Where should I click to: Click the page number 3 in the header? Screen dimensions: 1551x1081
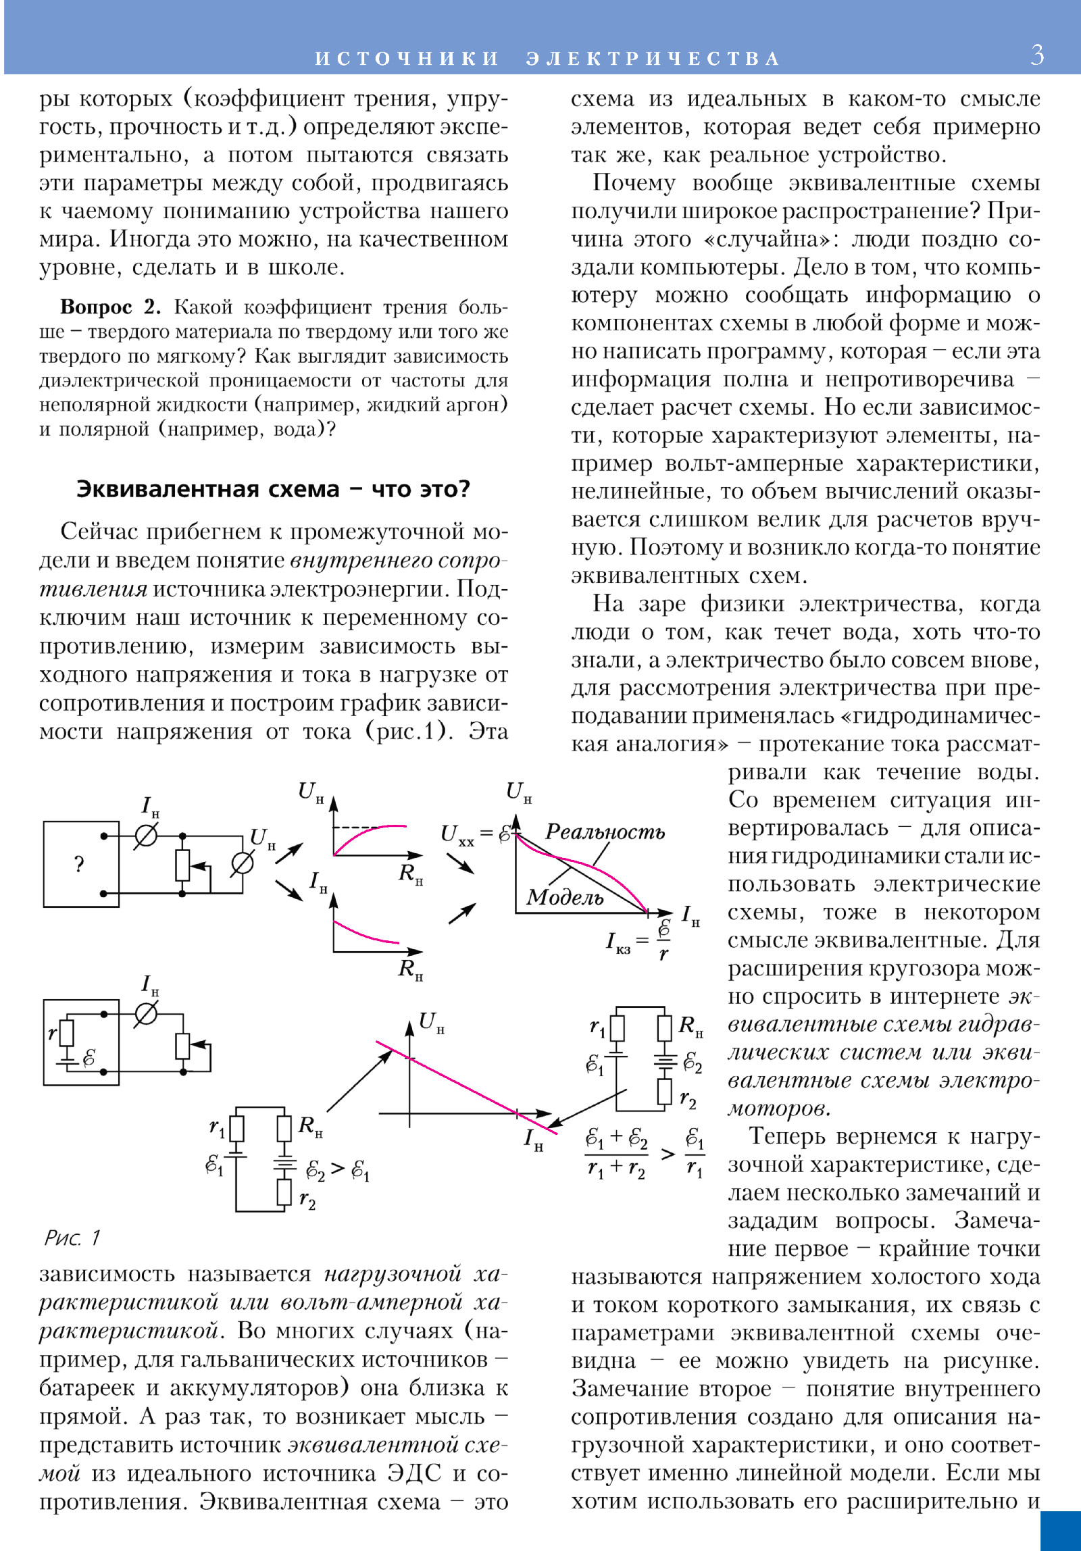click(1037, 54)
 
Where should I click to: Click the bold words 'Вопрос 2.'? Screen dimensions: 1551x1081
click(110, 307)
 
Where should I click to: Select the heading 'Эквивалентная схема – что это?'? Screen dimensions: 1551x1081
click(273, 489)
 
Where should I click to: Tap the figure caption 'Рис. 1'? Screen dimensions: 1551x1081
click(72, 1238)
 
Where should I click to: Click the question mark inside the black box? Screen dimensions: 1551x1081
click(79, 864)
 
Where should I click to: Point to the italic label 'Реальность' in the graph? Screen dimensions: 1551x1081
click(605, 832)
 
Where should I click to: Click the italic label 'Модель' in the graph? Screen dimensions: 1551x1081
click(565, 897)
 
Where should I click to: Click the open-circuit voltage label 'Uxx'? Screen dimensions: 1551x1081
click(457, 835)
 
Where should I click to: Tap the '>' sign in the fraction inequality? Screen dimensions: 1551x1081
click(668, 1154)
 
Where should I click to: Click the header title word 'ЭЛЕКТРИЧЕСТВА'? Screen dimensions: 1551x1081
click(653, 59)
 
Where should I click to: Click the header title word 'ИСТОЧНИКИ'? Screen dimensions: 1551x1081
click(407, 59)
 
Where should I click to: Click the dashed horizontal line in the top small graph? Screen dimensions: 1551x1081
click(356, 827)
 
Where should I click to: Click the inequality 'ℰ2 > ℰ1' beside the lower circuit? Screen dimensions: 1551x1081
click(337, 1169)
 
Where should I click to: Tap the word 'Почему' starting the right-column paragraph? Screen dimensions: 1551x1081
click(634, 183)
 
